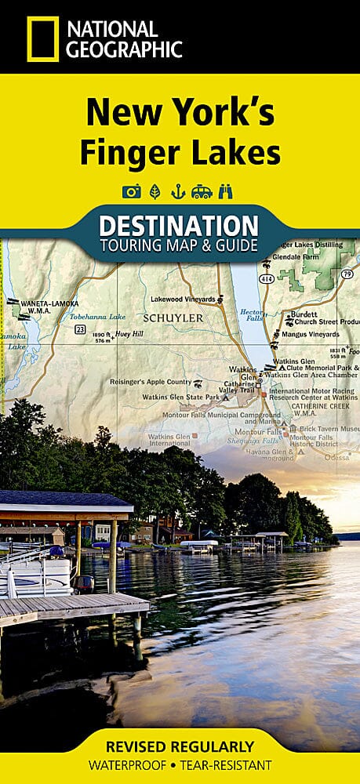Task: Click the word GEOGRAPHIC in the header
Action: click(x=125, y=49)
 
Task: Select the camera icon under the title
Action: click(x=131, y=191)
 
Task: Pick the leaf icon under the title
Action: click(x=155, y=191)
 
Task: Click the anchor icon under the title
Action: click(x=178, y=191)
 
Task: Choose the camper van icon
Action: click(x=202, y=191)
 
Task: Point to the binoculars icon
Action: click(x=228, y=191)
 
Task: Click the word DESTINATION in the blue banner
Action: click(x=179, y=226)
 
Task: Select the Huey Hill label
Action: click(x=128, y=334)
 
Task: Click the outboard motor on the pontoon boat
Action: click(x=84, y=583)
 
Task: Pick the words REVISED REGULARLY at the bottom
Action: click(x=180, y=746)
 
